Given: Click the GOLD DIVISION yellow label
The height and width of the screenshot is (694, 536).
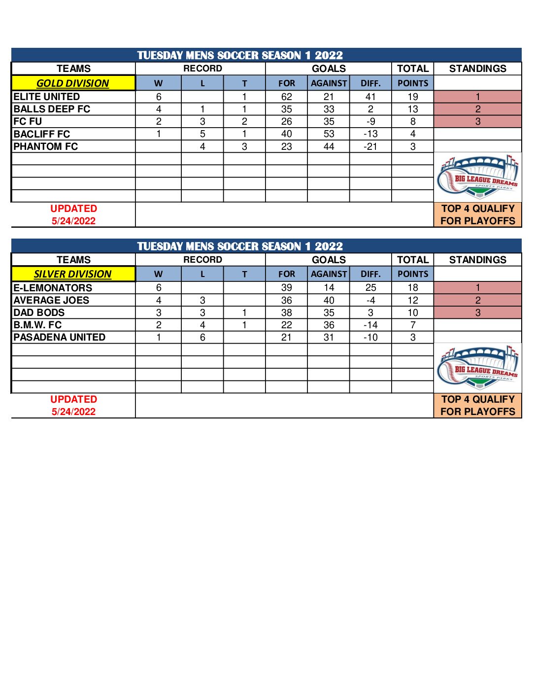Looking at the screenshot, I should coord(73,83).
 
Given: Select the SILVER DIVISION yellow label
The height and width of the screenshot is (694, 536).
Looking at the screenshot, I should coord(73,274).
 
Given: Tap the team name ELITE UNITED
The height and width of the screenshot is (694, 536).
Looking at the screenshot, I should coord(47,97).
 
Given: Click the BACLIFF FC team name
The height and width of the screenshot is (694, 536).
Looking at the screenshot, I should coord(42,134).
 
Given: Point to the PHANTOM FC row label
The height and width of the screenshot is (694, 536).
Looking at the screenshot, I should coord(46,146).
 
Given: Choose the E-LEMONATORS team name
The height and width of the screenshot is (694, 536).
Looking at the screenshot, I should coord(53,288).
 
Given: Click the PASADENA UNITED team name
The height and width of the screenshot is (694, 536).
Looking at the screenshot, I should coord(60,337).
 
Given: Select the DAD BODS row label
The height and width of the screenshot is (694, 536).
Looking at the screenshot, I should coord(39,312).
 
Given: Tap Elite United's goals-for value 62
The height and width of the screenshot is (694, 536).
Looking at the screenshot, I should coord(287,97).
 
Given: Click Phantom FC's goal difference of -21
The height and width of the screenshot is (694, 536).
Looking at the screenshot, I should coord(370,146).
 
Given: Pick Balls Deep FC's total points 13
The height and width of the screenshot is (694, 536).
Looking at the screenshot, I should coord(413,109).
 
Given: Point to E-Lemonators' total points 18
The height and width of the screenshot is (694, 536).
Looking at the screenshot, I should coord(413,288).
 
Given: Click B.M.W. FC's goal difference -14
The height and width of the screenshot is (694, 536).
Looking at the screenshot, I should coord(370,325).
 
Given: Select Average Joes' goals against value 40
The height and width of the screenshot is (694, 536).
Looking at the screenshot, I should coord(329,300).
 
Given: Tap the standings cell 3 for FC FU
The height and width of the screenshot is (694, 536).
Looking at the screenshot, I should coord(477,121).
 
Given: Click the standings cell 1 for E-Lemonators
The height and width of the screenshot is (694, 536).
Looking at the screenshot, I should coord(477,288).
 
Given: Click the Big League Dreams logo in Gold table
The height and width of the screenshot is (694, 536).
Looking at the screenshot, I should coord(477,176).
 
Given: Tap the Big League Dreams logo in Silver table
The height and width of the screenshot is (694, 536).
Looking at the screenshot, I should coord(477,367).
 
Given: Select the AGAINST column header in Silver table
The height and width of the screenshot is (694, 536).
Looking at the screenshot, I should coord(329,274).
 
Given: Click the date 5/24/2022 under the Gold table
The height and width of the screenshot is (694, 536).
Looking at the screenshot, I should coord(73,221).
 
